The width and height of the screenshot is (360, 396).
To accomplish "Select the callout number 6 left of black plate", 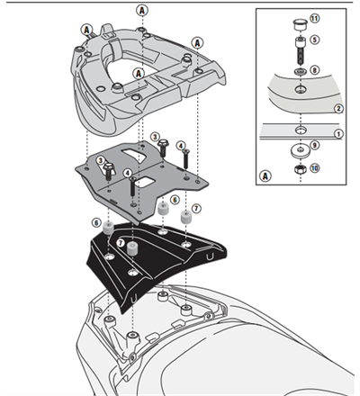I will pos(94,221).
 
